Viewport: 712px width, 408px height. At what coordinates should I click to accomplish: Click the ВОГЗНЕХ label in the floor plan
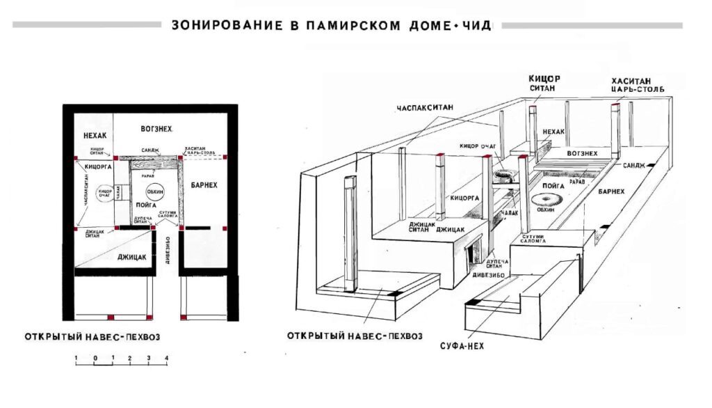(x=156, y=129)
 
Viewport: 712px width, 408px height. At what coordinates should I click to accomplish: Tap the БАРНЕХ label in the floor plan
(x=204, y=186)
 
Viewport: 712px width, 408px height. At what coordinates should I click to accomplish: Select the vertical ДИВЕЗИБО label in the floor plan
(x=168, y=255)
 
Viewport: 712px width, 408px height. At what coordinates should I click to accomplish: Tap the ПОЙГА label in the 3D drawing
(x=553, y=187)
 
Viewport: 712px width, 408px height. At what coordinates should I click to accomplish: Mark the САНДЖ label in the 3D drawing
(x=634, y=166)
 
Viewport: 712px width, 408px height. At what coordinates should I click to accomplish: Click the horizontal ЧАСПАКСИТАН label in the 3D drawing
(x=425, y=109)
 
